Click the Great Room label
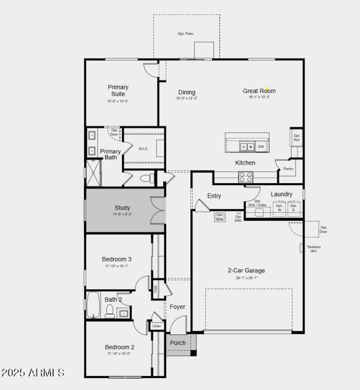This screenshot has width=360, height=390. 259,91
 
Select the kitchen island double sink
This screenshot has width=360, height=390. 246,147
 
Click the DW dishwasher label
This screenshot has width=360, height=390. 261,147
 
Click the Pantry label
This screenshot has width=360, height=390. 288,169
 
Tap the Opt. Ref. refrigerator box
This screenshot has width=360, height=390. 297,138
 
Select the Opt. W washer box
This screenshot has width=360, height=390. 279,208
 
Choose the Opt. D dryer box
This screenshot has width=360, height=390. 293,208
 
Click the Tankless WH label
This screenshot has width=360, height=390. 314,249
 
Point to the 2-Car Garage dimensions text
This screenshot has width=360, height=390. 246,278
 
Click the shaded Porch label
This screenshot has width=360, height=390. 178,343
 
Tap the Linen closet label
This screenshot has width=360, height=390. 157,326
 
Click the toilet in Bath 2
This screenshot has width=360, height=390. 110,311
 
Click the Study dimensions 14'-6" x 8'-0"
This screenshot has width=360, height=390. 122,214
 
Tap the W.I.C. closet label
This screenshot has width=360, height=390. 144,149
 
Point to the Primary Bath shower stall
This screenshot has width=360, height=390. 94,173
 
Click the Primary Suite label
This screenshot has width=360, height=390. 118,90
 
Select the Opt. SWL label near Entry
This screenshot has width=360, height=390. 238,219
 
